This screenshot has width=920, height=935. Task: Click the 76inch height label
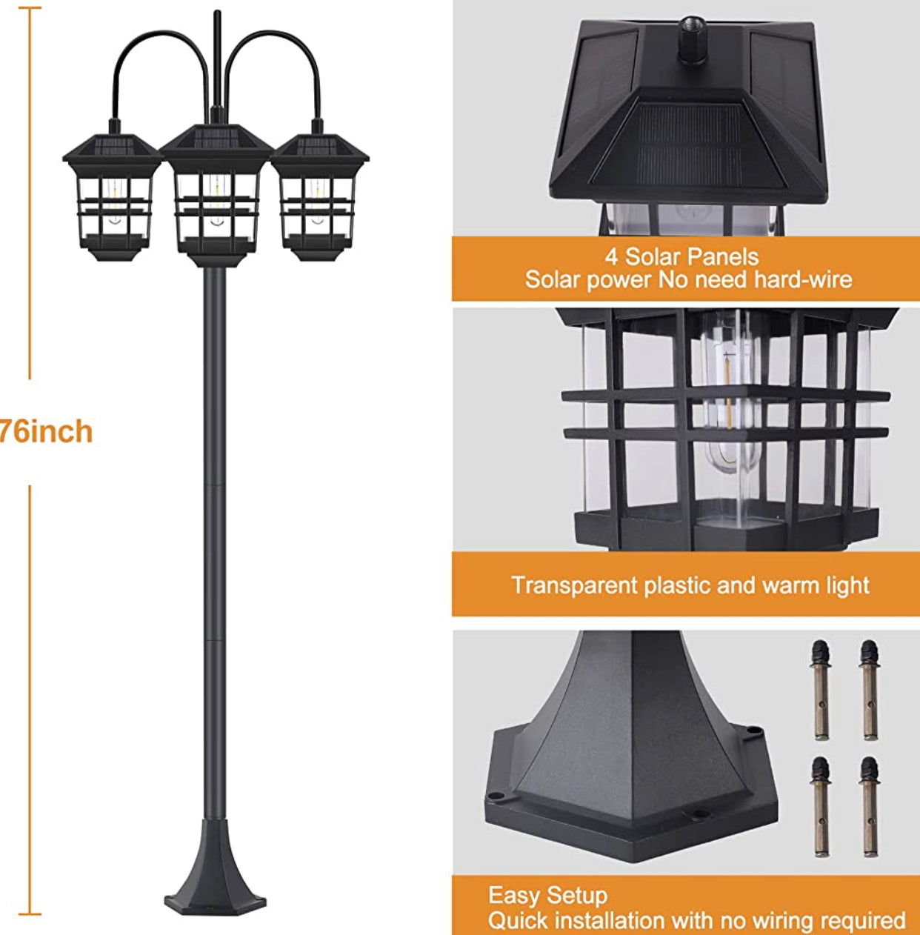pyautogui.click(x=46, y=432)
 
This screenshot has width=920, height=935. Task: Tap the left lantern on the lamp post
pyautogui.click(x=112, y=196)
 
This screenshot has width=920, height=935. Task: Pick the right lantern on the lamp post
pyautogui.click(x=319, y=196)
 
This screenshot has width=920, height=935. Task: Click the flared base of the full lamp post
pyautogui.click(x=214, y=874)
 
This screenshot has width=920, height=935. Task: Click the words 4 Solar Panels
pyautogui.click(x=681, y=257)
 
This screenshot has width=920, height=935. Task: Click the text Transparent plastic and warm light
pyautogui.click(x=690, y=585)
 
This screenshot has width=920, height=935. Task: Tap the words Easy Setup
pyautogui.click(x=547, y=896)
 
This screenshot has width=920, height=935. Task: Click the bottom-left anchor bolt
pyautogui.click(x=820, y=806)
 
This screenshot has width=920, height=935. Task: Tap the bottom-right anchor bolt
pyautogui.click(x=870, y=806)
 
